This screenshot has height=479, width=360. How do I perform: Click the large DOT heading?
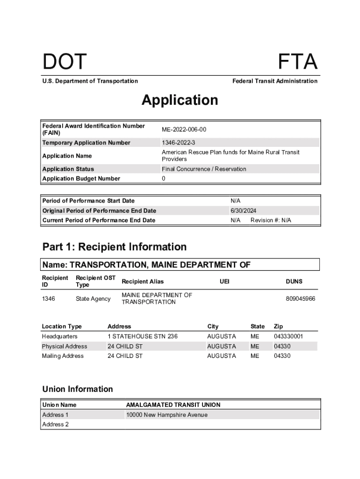point(65,62)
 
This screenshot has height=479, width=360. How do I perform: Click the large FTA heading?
point(298,62)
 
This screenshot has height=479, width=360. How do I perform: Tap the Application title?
point(180,100)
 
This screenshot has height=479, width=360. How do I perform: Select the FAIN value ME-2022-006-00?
point(184,130)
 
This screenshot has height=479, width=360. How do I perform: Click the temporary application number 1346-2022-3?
point(179,143)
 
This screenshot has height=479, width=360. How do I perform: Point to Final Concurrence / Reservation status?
point(204,169)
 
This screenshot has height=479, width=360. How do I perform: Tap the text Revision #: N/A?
point(271,220)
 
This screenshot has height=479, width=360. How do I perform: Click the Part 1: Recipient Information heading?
point(115,247)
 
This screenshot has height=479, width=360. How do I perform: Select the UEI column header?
point(225,282)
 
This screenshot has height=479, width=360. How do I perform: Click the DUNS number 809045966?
point(301,298)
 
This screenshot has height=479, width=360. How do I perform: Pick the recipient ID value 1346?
point(49,298)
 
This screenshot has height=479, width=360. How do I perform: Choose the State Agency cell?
point(93,298)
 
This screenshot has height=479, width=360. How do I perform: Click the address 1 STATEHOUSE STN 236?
point(143,336)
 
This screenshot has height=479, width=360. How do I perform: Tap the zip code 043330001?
point(288,336)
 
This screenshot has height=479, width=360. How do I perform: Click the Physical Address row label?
point(65,346)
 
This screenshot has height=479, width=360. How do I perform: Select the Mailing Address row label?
point(63,356)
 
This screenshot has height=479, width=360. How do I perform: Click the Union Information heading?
point(78,389)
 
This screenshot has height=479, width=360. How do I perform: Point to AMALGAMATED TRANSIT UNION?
point(173,405)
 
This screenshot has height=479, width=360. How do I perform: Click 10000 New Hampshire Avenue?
point(167,415)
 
